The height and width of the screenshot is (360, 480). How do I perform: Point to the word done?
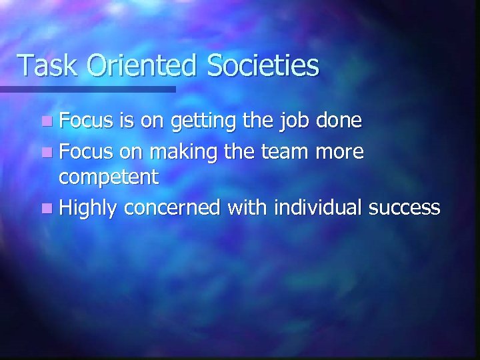click(x=340, y=121)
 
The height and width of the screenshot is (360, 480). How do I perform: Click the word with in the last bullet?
click(x=244, y=209)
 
